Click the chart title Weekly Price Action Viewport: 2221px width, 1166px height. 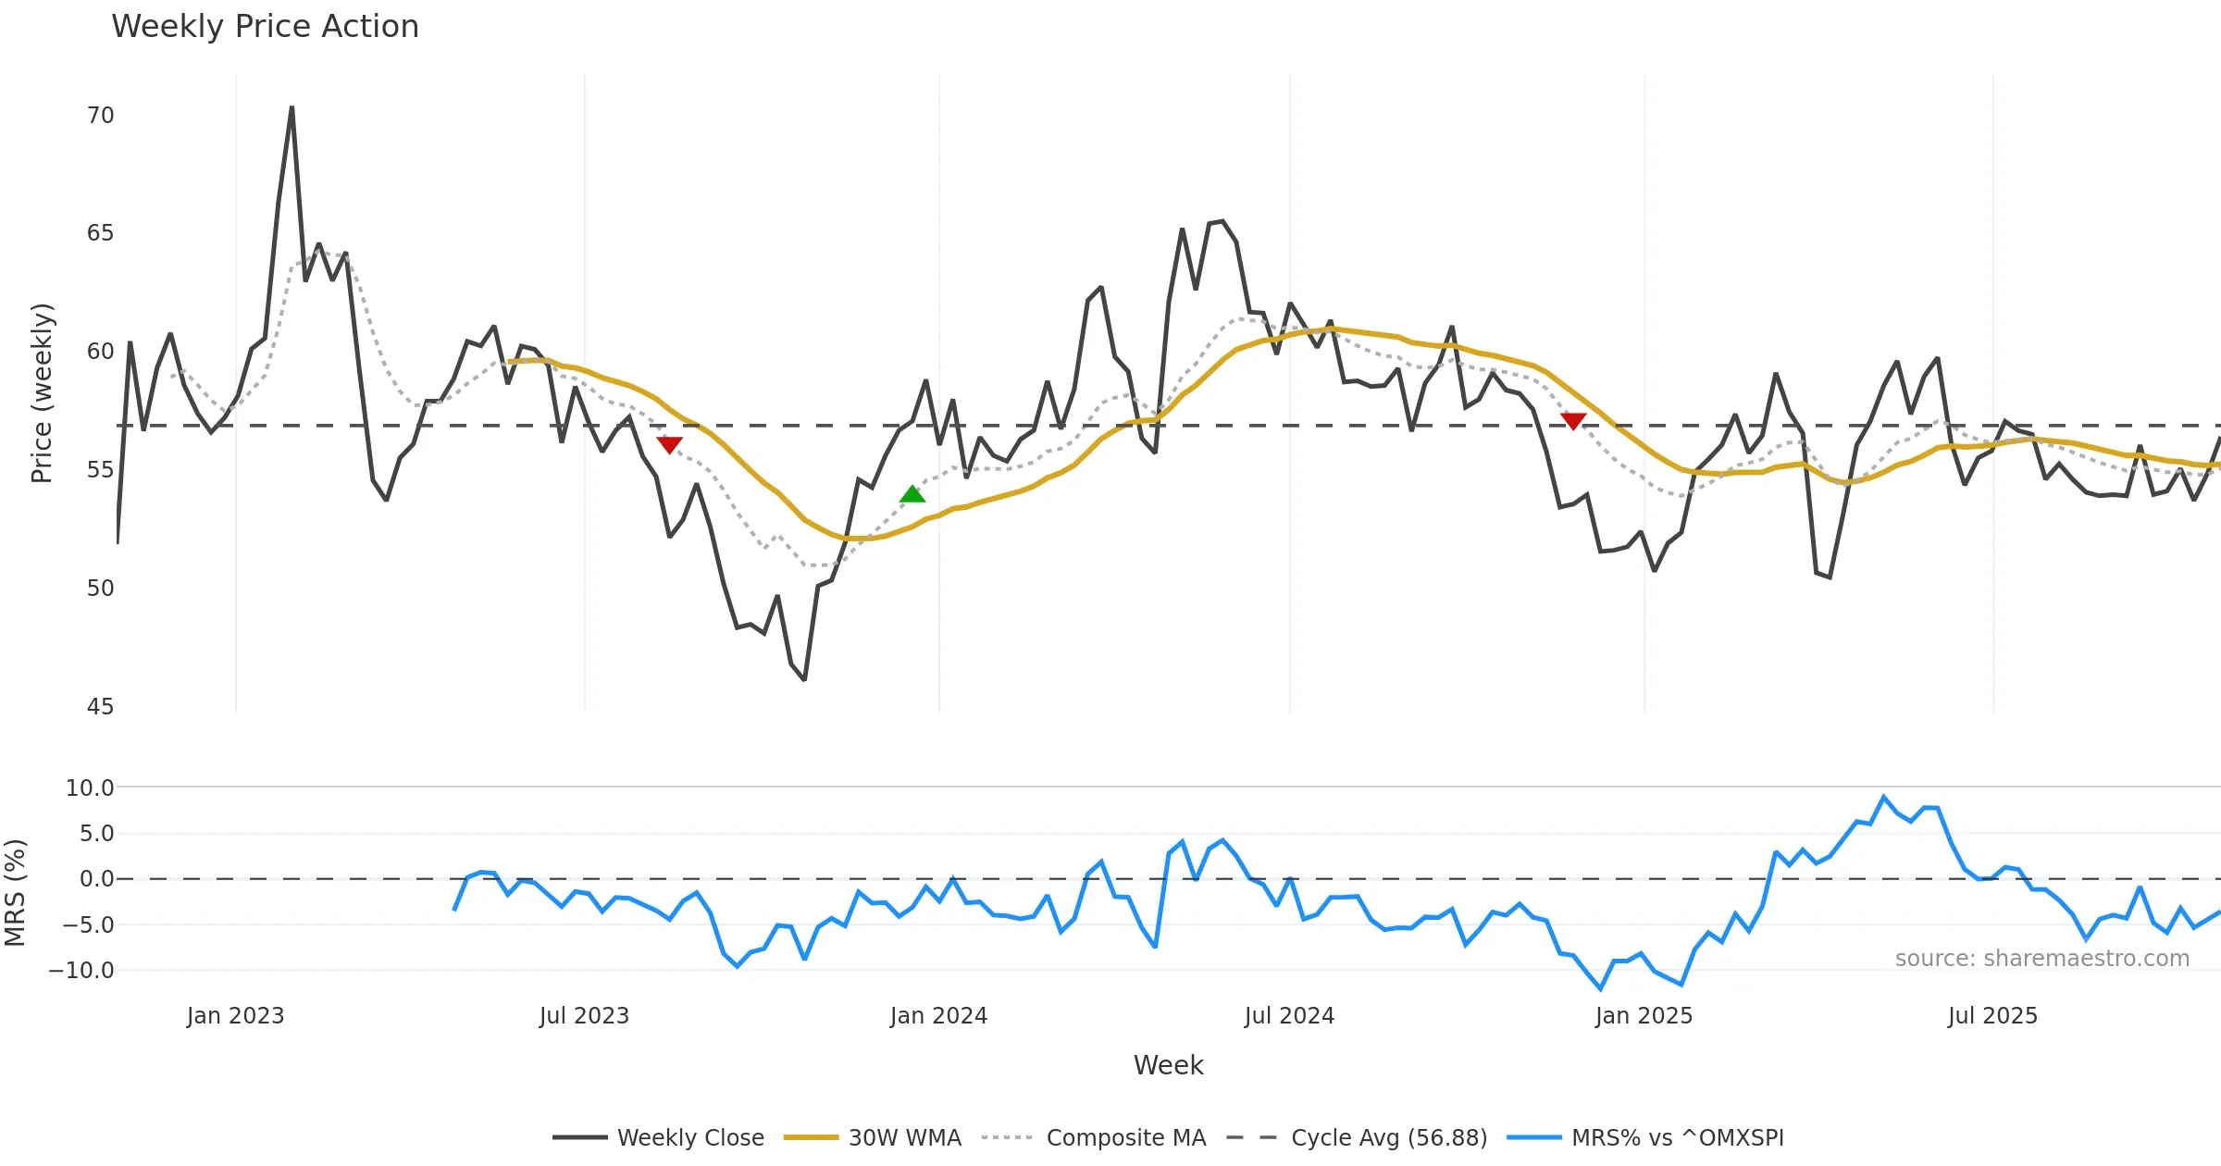265,27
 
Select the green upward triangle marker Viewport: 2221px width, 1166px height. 912,494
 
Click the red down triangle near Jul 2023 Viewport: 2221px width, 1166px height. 669,444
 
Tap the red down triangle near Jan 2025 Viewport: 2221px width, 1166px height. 1573,421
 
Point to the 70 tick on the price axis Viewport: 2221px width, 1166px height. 100,116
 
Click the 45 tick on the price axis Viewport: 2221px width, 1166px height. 100,707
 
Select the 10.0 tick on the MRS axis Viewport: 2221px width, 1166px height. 90,788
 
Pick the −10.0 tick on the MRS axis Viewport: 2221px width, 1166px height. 81,971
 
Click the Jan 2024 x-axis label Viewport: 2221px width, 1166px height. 938,1016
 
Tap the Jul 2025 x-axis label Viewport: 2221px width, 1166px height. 1992,1016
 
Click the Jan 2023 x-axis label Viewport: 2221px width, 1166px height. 235,1016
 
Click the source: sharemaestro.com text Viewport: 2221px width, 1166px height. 2041,959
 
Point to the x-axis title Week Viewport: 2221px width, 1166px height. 1168,1066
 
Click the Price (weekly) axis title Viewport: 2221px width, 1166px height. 43,393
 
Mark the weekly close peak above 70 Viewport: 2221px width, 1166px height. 292,107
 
